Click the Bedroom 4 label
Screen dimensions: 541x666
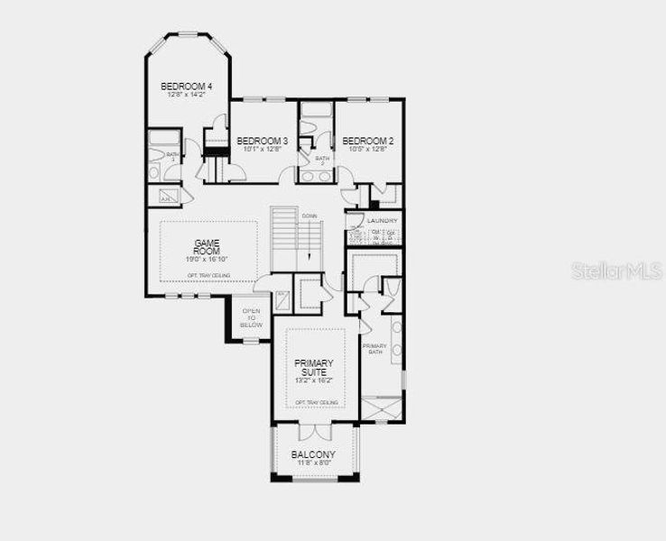[x=186, y=87]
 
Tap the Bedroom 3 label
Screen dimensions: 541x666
[x=262, y=141]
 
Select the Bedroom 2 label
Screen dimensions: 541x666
[x=367, y=141]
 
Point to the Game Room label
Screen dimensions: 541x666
[x=207, y=246]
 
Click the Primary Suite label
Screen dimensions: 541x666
[x=314, y=368]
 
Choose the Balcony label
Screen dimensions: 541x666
[x=313, y=454]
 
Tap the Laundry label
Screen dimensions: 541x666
[x=383, y=220]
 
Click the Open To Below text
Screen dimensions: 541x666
[x=251, y=317]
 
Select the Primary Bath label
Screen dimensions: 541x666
[x=375, y=349]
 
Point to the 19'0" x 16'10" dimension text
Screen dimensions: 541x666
[x=207, y=259]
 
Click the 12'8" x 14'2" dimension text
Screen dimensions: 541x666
[x=186, y=95]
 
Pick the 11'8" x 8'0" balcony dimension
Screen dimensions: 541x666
[x=313, y=463]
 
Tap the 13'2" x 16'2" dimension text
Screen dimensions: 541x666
[x=314, y=381]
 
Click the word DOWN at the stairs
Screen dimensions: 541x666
[x=310, y=216]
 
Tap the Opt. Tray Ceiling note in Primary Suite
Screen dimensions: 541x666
[x=316, y=402]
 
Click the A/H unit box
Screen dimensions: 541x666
[x=167, y=198]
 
